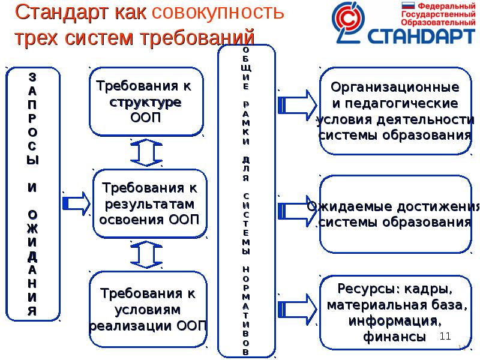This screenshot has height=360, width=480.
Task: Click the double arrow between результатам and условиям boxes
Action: (143, 255)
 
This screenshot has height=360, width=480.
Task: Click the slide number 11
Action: (445, 337)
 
